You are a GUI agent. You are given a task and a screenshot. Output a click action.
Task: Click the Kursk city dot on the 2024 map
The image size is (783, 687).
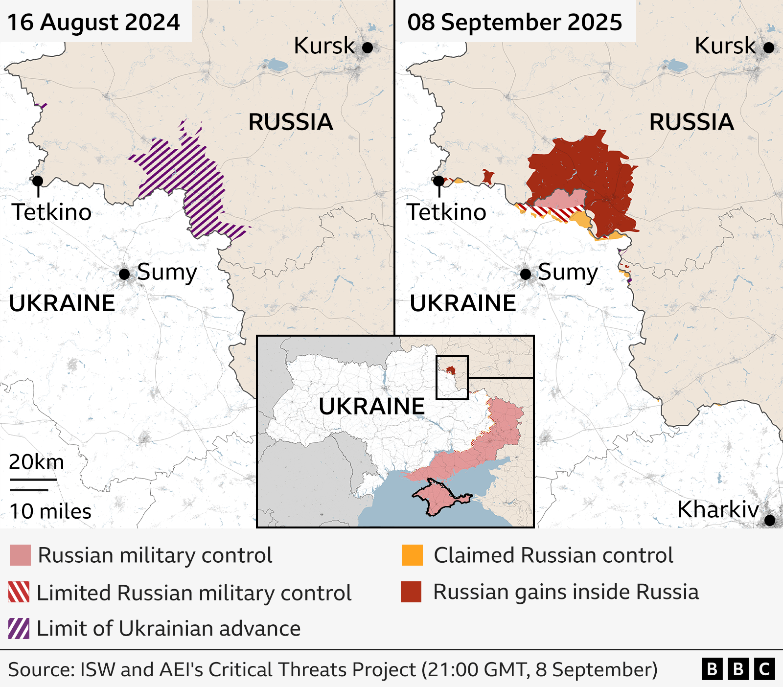tap(368, 47)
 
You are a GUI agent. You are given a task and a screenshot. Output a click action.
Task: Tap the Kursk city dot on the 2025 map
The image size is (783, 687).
tap(769, 47)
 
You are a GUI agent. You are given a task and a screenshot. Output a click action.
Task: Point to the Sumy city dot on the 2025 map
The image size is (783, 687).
tap(526, 274)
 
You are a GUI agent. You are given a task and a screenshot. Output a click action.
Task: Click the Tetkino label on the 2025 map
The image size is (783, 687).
tap(446, 212)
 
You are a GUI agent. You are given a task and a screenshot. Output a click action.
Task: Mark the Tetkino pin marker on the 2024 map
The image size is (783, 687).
tap(38, 181)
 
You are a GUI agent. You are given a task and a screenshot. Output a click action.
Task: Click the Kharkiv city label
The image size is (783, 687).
tap(717, 509)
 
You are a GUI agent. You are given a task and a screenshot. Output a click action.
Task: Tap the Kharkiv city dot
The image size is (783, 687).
tap(770, 520)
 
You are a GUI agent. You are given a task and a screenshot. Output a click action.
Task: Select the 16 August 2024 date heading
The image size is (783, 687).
tap(93, 22)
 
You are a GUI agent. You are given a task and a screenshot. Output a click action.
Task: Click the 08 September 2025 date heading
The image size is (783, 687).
tap(514, 22)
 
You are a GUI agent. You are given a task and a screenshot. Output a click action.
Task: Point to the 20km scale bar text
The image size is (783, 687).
tap(37, 462)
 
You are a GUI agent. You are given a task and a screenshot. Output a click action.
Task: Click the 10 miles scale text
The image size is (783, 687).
tap(50, 511)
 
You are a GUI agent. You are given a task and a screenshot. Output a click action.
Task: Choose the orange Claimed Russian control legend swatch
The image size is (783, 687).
tap(412, 555)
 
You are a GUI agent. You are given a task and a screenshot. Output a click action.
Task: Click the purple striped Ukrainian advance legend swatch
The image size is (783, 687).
tap(19, 629)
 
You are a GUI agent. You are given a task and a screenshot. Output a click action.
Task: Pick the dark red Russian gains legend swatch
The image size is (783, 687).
tap(411, 592)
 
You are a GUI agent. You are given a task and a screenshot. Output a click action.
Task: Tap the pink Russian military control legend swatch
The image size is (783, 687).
tap(20, 555)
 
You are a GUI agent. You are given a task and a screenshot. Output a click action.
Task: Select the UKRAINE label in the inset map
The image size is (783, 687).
tap(372, 406)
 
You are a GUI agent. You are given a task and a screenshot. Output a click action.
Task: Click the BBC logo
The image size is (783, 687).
tap(738, 669)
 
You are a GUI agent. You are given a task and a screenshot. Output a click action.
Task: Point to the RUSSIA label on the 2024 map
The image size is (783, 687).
tap(291, 122)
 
